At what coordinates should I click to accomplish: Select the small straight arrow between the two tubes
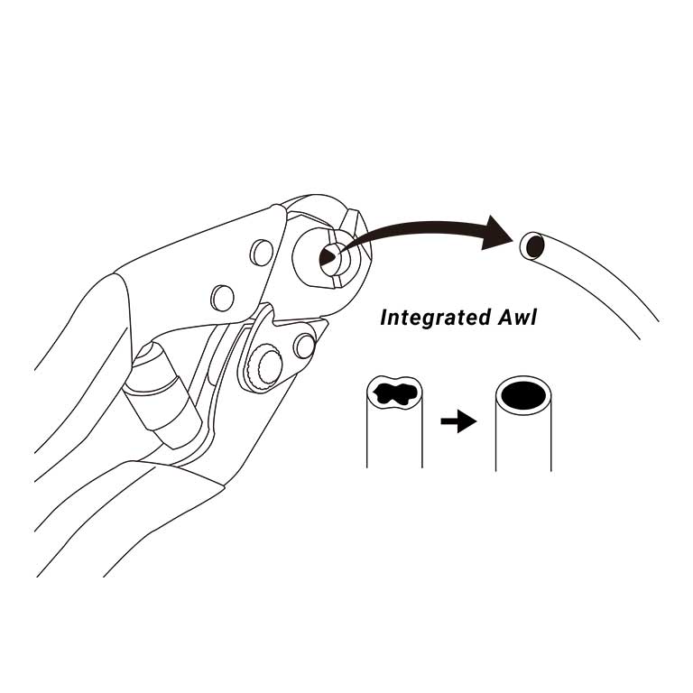pyautogui.click(x=458, y=421)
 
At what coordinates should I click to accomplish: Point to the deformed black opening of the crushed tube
pyautogui.click(x=394, y=393)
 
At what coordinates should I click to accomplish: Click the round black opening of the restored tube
pyautogui.click(x=522, y=394)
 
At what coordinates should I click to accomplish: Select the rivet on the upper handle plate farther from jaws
pyautogui.click(x=222, y=296)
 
